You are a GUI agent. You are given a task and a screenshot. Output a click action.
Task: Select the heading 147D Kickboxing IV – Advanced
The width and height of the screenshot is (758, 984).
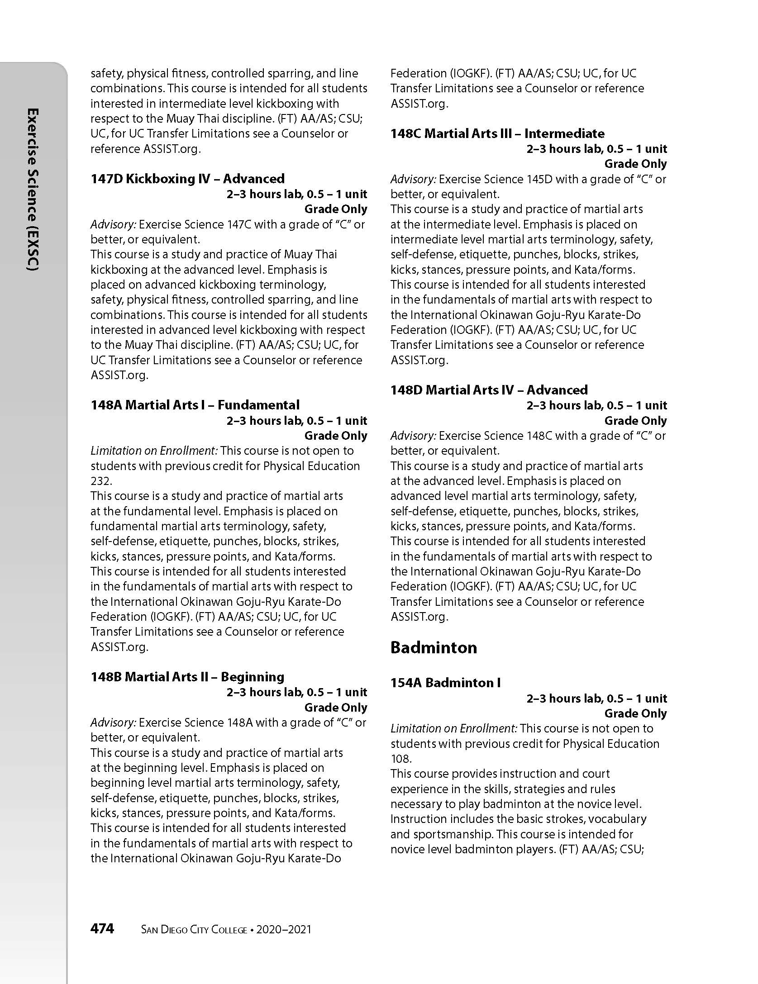coord(187,179)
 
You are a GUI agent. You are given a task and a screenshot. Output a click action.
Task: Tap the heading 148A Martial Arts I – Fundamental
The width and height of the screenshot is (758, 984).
coord(195,405)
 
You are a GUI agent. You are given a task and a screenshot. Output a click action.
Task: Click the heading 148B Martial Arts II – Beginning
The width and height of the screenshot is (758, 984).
coord(187,677)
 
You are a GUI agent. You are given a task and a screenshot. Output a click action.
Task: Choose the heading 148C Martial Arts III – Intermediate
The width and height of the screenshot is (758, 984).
coord(497,133)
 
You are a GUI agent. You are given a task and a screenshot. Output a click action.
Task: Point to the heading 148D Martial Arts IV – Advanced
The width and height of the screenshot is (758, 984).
coord(489,390)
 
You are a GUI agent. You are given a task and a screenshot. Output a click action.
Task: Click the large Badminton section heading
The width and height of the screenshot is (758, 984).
coord(434,647)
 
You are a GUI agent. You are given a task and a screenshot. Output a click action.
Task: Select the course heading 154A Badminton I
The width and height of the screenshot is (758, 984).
coord(445,683)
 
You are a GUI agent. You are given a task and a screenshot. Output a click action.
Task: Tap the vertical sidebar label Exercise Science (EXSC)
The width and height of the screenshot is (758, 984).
coord(33,190)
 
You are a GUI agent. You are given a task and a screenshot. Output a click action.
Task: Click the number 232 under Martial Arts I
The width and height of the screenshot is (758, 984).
coord(100,481)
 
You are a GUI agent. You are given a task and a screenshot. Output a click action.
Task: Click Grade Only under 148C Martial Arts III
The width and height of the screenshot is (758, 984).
coord(635,164)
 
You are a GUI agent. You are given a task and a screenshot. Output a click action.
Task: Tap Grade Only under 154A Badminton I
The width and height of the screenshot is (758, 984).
coord(635,713)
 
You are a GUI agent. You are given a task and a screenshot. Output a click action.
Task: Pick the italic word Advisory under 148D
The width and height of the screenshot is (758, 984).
coord(413,436)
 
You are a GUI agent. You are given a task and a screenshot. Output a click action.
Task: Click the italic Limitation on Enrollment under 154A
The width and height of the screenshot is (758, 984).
coord(454,728)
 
